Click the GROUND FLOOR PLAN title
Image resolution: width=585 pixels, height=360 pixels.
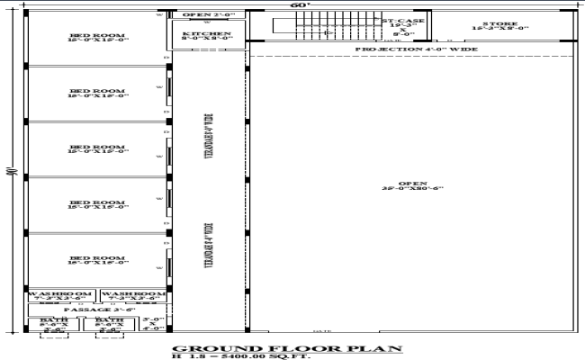(x=286, y=347)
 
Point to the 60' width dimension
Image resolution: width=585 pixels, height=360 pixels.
(x=297, y=4)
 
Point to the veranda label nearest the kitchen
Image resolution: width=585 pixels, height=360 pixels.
(x=208, y=135)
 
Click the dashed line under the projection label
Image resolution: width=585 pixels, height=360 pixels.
(x=414, y=57)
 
